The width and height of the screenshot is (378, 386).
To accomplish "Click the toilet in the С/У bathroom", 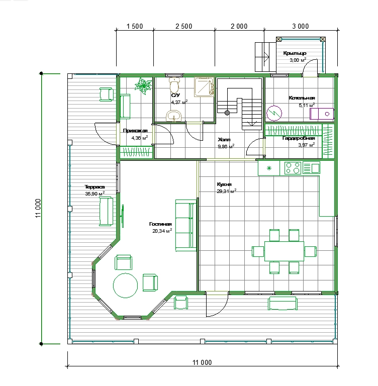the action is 174,84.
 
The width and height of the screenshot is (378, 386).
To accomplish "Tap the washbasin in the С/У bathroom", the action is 174,116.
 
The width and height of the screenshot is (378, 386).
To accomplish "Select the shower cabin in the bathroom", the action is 204,86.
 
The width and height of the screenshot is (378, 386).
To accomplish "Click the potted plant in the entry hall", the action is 143,85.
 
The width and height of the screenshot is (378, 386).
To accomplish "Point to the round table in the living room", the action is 125,285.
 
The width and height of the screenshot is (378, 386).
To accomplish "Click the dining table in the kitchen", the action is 284,251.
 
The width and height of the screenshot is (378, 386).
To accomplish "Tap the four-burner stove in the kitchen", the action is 293,168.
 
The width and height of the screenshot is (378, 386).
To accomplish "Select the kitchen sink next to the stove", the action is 311,168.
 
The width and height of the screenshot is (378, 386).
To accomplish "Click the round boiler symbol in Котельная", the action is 274,113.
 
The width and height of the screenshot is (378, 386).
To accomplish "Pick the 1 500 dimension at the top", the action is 135,26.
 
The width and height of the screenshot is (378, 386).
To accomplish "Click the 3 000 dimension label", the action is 301,26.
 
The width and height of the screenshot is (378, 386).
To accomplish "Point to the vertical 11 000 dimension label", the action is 38,208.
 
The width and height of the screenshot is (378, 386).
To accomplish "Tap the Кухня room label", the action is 224,184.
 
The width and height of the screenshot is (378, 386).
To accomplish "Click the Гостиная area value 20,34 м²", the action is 162,231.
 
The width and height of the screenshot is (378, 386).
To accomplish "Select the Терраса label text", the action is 94,187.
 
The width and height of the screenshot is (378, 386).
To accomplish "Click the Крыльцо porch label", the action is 295,53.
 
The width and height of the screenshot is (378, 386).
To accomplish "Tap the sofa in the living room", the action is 186,226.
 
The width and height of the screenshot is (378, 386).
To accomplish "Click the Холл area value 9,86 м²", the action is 226,147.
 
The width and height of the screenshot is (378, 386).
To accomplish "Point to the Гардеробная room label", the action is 299,138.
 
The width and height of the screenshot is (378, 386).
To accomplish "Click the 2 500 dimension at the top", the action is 183,26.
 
